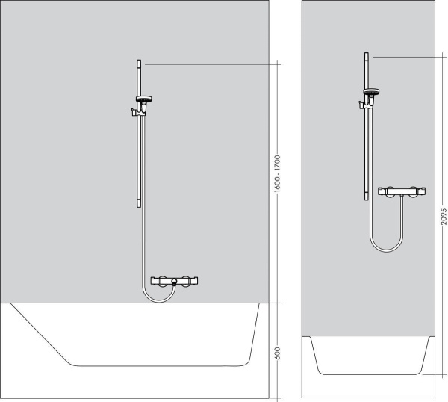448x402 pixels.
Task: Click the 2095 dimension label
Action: pyautogui.click(x=443, y=216)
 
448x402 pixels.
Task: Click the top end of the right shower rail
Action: pyautogui.click(x=366, y=55)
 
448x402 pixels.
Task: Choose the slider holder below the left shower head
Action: pyautogui.click(x=137, y=111)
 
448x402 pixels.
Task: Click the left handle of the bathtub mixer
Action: pyautogui.click(x=156, y=281)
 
